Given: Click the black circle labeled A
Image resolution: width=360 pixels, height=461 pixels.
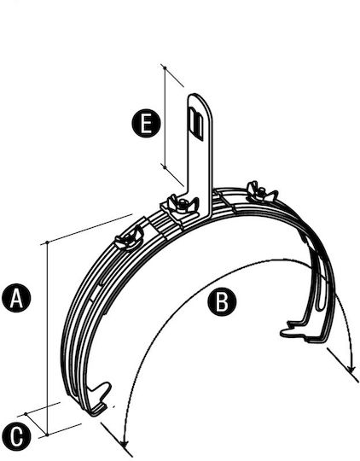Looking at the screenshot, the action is (16, 298).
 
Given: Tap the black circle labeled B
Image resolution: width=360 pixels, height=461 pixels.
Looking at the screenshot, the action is (222, 301).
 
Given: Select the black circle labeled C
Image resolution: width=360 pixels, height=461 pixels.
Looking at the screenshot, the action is (16, 436).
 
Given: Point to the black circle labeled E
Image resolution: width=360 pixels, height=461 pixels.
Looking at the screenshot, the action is (146, 123).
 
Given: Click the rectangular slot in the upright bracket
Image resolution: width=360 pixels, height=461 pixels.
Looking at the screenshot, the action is (196, 124).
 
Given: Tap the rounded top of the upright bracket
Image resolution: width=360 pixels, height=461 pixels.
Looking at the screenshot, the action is (200, 100).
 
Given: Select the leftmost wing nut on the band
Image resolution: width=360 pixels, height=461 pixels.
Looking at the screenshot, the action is (129, 238).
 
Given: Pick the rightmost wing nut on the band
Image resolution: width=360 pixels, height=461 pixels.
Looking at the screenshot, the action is (261, 192).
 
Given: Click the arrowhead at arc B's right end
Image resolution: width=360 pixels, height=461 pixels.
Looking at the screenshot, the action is (351, 369).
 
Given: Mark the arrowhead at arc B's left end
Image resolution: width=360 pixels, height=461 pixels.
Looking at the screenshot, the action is (125, 443).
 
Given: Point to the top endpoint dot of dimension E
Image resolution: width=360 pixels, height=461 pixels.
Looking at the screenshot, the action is (165, 68).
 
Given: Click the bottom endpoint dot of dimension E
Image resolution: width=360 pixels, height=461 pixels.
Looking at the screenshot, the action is (165, 167).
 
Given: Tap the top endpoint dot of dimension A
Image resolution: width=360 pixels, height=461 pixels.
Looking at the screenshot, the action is (47, 242).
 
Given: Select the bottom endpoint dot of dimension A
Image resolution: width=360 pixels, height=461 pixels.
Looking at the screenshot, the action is (47, 435).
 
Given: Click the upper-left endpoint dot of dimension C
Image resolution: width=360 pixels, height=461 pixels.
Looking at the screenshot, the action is (26, 414).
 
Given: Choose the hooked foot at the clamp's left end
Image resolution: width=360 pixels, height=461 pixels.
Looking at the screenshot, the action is (98, 400).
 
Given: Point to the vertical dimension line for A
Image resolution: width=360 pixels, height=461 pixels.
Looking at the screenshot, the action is (47, 338).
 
